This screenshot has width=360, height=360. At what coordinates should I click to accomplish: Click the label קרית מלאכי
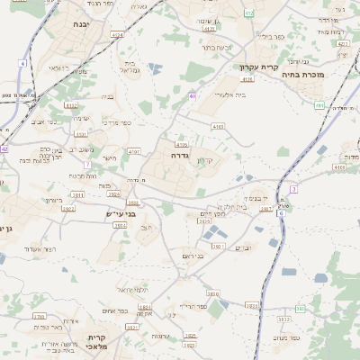point(97,343)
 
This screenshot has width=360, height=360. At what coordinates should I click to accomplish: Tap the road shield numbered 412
point(249,13)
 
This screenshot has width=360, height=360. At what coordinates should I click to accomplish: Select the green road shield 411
point(319,105)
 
